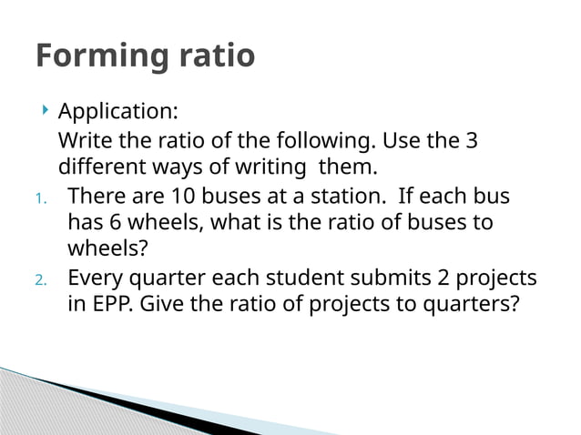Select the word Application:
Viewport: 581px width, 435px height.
[x=118, y=113]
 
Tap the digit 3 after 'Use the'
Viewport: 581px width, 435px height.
[x=471, y=142]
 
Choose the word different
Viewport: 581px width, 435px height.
[x=99, y=168]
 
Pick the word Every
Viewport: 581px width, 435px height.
[x=98, y=278]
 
